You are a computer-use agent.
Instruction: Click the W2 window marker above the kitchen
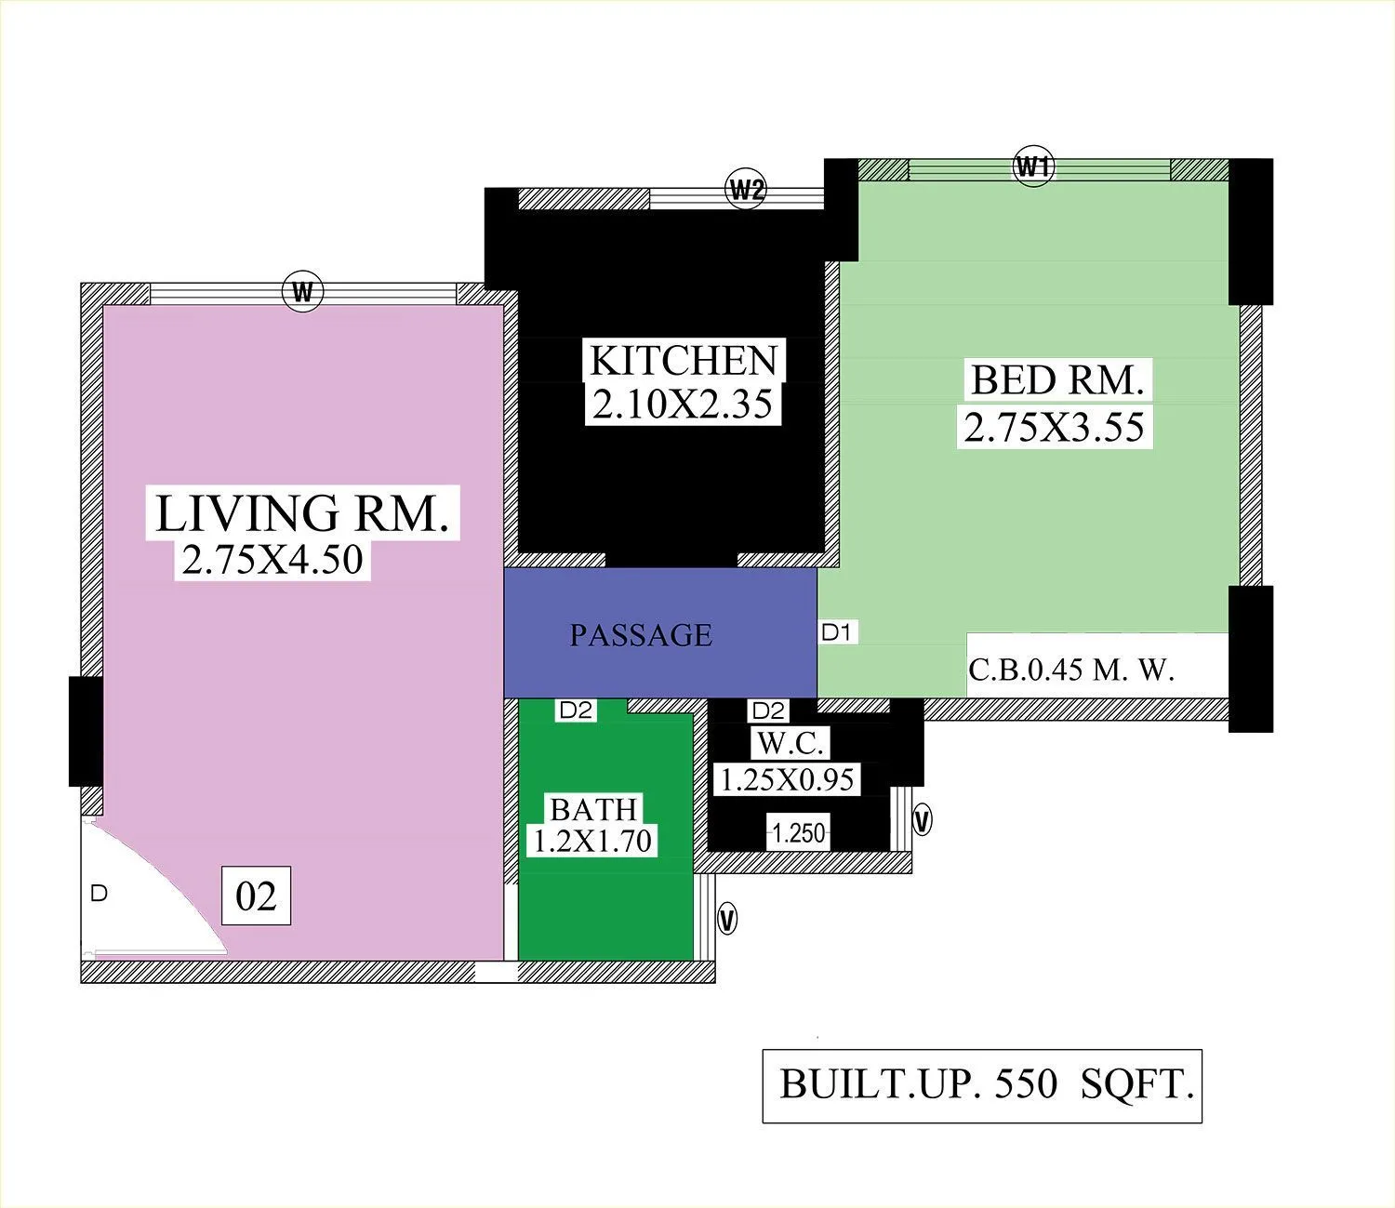pyautogui.click(x=746, y=190)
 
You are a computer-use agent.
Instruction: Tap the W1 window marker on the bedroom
pyautogui.click(x=1033, y=167)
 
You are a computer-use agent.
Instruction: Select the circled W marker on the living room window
pyautogui.click(x=302, y=293)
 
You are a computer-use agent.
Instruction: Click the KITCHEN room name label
pyautogui.click(x=684, y=361)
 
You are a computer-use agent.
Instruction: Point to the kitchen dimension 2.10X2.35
pyautogui.click(x=683, y=405)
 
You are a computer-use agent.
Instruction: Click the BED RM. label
pyautogui.click(x=1056, y=380)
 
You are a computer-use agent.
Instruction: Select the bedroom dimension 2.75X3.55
pyautogui.click(x=1054, y=427)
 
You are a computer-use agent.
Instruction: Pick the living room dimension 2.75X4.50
pyautogui.click(x=272, y=559)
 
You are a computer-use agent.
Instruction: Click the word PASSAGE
pyautogui.click(x=641, y=635)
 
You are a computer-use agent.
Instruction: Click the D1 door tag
pyautogui.click(x=836, y=633)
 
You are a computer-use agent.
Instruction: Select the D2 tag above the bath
pyautogui.click(x=576, y=710)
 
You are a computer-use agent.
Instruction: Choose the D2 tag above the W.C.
pyautogui.click(x=768, y=711)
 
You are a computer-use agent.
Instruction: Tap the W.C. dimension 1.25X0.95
pyautogui.click(x=787, y=779)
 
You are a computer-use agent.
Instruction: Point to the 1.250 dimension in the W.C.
pyautogui.click(x=799, y=833)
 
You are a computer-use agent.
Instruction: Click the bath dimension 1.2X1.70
pyautogui.click(x=591, y=841)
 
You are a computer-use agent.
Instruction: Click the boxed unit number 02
pyautogui.click(x=256, y=896)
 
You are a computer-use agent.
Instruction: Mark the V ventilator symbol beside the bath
pyautogui.click(x=727, y=921)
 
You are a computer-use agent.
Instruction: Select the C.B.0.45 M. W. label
pyautogui.click(x=1071, y=670)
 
